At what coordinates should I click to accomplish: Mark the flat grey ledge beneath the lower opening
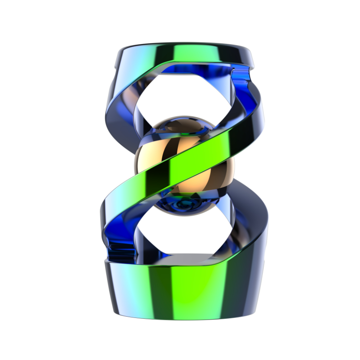[x=187, y=259]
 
